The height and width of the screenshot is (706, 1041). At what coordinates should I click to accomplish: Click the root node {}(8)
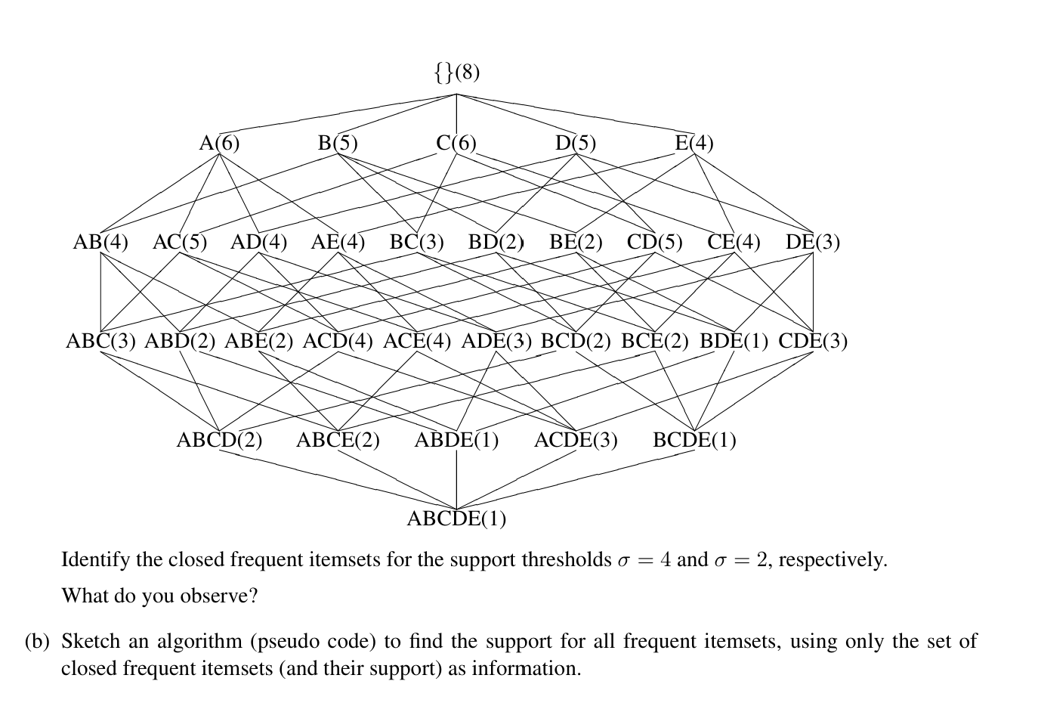coord(456,72)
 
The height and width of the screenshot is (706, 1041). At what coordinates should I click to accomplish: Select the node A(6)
coord(219,143)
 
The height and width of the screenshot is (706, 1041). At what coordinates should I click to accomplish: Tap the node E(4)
coord(693,143)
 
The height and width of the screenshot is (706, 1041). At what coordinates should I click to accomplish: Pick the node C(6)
coord(456,143)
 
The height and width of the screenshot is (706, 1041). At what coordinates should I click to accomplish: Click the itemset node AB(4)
coord(100,242)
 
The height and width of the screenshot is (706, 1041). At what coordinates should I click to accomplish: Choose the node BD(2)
coord(496,242)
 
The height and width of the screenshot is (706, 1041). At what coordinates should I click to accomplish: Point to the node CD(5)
coord(654,242)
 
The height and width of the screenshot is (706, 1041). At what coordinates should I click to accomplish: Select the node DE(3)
coord(813,242)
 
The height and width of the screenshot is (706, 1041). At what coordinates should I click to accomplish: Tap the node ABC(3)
coord(100,341)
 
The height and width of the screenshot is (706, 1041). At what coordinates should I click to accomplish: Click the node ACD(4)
coord(338,341)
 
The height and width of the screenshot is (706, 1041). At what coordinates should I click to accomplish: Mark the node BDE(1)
coord(734,341)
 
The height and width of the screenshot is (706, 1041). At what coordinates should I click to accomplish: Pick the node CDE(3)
coord(813,341)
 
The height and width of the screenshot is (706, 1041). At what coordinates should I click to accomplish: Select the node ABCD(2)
coord(219,440)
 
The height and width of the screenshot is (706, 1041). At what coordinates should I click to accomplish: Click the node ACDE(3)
coord(576,440)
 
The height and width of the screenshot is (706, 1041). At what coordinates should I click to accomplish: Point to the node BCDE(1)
coord(694,440)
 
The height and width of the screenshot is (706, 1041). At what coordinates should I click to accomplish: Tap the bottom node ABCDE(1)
coord(456,519)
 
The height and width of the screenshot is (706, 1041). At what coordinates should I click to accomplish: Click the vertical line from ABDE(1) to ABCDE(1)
coord(456,479)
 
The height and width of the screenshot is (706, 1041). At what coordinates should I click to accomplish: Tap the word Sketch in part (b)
coord(91,642)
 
